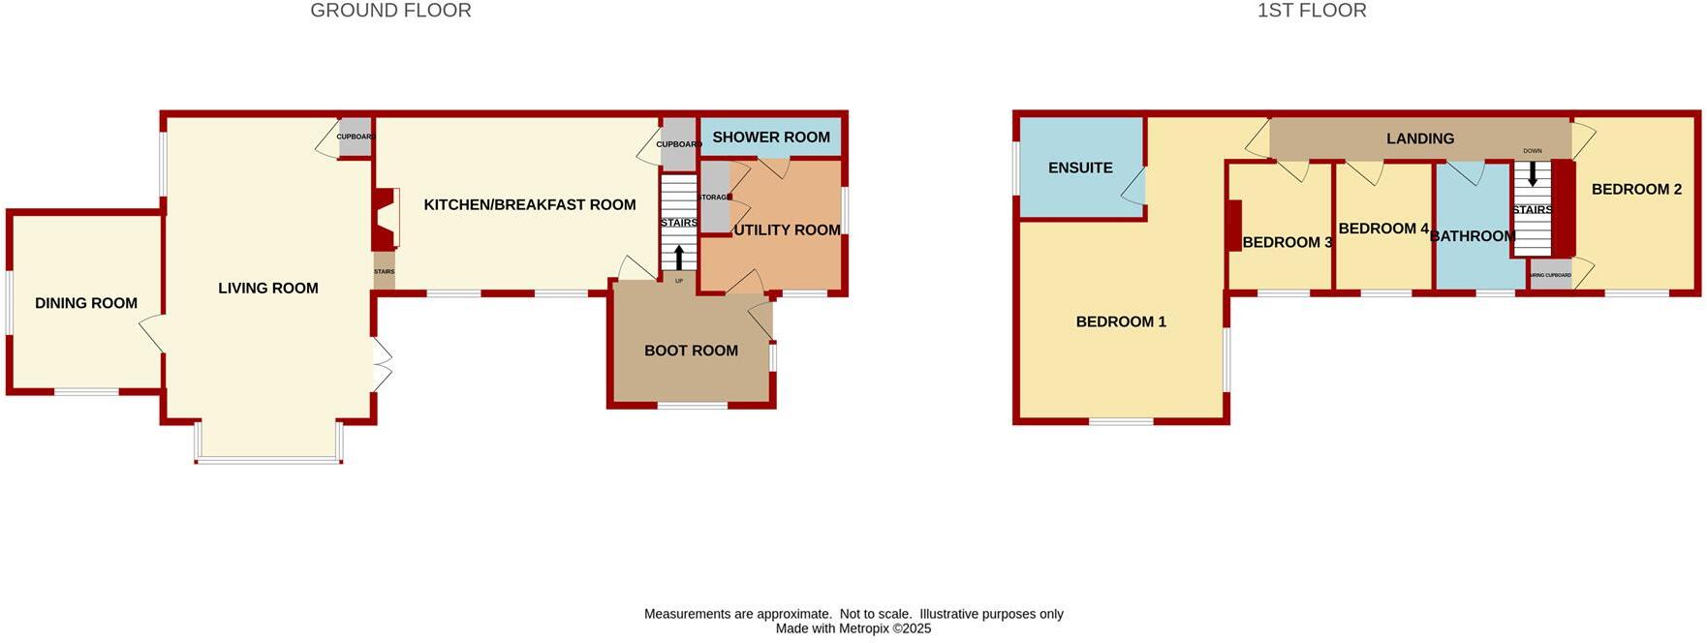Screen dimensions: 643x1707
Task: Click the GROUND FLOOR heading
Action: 390,11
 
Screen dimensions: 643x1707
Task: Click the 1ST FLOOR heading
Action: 1312,11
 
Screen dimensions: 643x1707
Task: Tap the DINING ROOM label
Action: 86,303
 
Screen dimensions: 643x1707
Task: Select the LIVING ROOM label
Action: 268,288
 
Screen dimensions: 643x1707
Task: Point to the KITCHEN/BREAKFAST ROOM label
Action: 530,204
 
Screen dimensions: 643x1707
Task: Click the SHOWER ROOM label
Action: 771,138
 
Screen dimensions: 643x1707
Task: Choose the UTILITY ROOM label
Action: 787,230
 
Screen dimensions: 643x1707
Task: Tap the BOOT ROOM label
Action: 691,351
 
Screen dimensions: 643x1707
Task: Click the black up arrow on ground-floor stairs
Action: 679,258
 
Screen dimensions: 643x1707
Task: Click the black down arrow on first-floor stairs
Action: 1533,173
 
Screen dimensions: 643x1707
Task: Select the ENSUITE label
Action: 1080,168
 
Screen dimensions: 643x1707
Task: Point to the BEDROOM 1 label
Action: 1121,321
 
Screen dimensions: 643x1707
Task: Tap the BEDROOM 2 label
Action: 1636,189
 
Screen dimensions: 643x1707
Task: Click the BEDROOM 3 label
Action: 1287,242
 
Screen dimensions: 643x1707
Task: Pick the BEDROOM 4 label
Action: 1383,229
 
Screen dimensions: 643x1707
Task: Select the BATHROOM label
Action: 1473,236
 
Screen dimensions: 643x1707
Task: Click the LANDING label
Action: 1420,138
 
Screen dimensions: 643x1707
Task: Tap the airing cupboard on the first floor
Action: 1550,275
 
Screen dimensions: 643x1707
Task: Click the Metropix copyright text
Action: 853,628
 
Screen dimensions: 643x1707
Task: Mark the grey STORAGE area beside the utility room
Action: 714,198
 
